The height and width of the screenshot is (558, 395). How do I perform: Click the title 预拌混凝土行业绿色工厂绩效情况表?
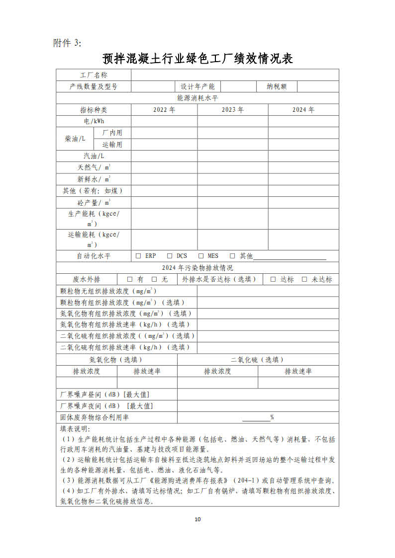tap(197, 59)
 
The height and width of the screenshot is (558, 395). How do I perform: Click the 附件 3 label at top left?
tap(67, 43)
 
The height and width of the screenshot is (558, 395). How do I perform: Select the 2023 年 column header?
tap(232, 110)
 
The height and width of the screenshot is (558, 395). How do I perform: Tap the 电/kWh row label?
tap(94, 121)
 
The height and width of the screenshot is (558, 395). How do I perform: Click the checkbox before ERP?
tap(138, 256)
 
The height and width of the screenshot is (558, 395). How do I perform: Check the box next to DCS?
tap(170, 256)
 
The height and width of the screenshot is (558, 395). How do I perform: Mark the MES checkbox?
tap(201, 256)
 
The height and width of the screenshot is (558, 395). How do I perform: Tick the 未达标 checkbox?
tap(304, 279)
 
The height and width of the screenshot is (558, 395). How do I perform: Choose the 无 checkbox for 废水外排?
tap(154, 279)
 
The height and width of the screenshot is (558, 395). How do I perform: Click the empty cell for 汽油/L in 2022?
tap(164, 156)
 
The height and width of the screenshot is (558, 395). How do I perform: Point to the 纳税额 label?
tap(277, 86)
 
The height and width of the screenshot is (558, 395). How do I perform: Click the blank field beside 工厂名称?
tap(235, 75)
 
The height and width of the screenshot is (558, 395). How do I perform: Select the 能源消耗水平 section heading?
tap(197, 98)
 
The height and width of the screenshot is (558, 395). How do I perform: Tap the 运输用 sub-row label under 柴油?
tap(112, 145)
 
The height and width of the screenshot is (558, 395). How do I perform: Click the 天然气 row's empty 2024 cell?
tap(303, 167)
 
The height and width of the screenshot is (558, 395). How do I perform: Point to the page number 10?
tap(197, 520)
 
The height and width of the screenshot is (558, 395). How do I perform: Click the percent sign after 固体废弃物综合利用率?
tap(272, 417)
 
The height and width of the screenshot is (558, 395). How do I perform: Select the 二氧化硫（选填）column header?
tap(258, 360)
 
